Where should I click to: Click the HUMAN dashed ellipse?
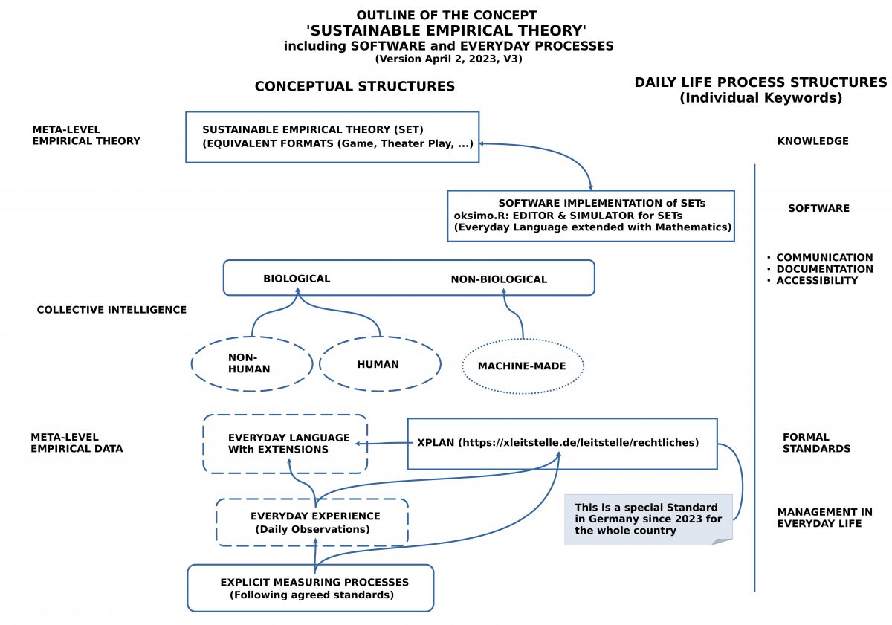pos(379,364)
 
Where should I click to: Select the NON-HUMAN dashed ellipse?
pos(251,363)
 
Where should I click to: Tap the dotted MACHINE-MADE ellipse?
pos(523,366)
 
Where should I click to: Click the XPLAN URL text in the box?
pos(578,443)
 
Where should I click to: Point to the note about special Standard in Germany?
pos(647,519)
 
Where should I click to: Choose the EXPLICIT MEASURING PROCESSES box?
pos(310,588)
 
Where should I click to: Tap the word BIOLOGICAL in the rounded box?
pos(297,279)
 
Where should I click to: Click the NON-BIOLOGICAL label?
pos(499,279)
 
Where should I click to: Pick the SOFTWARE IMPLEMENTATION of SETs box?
pos(591,216)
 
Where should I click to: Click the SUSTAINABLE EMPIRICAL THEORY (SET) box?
pos(332,137)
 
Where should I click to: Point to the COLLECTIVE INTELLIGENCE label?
pos(111,310)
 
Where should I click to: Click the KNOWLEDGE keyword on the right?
pos(813,141)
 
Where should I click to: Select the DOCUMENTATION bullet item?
pos(824,269)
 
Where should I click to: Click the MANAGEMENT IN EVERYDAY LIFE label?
pos(824,517)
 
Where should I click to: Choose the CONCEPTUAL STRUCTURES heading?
pos(355,86)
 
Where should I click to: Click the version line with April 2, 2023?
pos(448,59)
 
